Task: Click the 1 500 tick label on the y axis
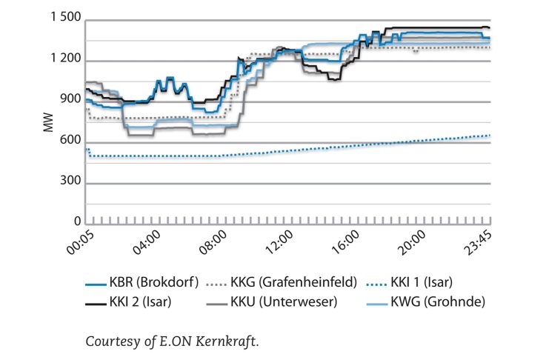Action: pyautogui.click(x=65, y=19)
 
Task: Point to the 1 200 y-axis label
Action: pyautogui.click(x=65, y=60)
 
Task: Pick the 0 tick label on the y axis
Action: pyautogui.click(x=77, y=222)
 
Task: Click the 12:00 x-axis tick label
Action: pyautogui.click(x=278, y=242)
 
